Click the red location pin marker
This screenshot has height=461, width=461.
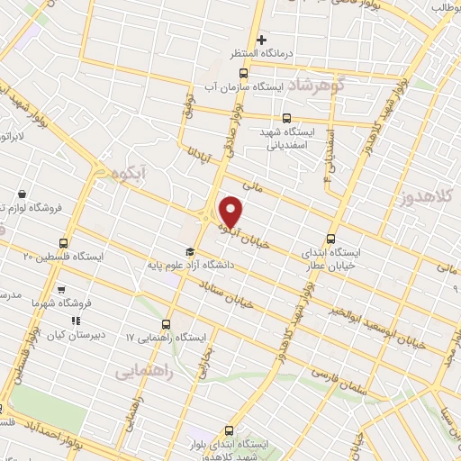click(231, 212)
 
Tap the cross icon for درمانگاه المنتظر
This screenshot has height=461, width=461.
click(262, 40)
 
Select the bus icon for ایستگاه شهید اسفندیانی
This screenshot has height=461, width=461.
click(286, 117)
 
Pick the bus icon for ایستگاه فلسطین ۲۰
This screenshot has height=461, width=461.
click(63, 243)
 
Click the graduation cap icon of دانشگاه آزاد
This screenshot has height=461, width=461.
click(190, 252)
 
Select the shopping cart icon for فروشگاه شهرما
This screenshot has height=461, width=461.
click(60, 290)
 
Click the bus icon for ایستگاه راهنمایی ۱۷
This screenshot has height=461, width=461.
click(166, 324)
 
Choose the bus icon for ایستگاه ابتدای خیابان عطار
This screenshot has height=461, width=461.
click(330, 239)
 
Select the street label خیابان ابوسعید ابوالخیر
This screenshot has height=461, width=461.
click(375, 325)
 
